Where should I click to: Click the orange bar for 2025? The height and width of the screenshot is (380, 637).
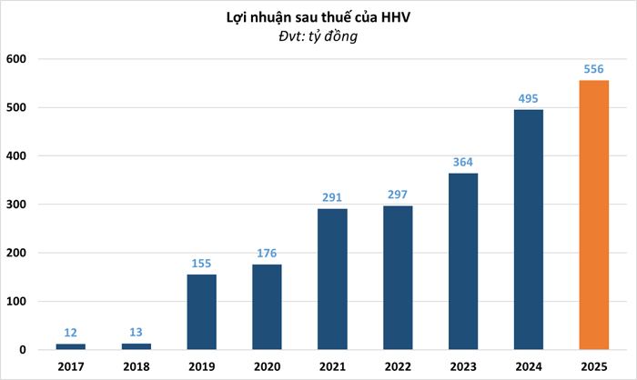[x=593, y=215]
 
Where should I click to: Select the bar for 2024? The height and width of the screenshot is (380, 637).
[x=529, y=229]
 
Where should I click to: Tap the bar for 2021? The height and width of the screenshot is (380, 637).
[x=332, y=279]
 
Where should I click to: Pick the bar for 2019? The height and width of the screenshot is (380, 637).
[x=201, y=312]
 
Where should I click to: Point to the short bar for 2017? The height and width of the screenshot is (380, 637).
[x=70, y=346]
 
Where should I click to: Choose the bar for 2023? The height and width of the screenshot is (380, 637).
[x=463, y=261]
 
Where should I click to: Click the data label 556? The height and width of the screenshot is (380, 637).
[x=593, y=68]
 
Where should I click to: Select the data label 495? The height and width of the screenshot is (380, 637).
[x=529, y=97]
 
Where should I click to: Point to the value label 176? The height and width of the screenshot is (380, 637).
[x=267, y=252]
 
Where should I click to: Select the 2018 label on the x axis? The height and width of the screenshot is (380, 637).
[x=136, y=366]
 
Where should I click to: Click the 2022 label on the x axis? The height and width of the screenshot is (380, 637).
[x=398, y=366]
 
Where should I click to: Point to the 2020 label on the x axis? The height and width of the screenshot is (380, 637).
[x=267, y=366]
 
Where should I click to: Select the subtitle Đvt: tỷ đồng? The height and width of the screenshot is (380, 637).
[x=318, y=36]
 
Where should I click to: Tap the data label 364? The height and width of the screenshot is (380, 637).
[x=463, y=161]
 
